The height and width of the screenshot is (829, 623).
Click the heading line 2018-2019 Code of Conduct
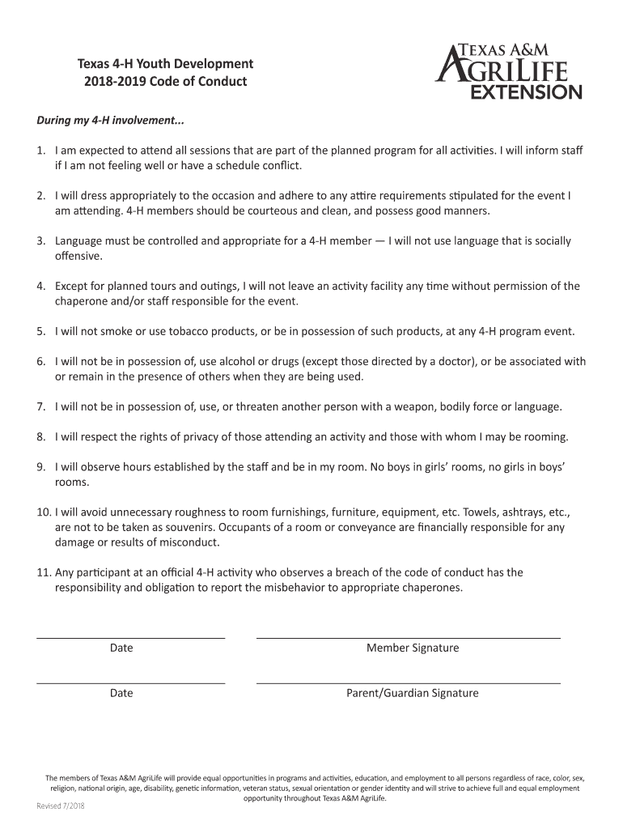pyautogui.click(x=165, y=82)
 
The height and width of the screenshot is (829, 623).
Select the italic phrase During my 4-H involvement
pyautogui.click(x=110, y=121)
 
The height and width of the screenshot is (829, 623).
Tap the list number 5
pyautogui.click(x=40, y=331)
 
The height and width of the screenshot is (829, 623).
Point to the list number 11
pyautogui.click(x=44, y=572)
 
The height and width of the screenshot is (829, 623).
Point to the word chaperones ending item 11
pyautogui.click(x=432, y=588)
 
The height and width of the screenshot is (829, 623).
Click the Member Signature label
pyautogui.click(x=413, y=648)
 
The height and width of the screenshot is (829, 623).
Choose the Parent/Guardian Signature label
pyautogui.click(x=413, y=693)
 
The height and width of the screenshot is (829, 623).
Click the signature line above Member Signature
pyautogui.click(x=409, y=638)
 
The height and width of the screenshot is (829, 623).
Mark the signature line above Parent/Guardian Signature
pyautogui.click(x=409, y=683)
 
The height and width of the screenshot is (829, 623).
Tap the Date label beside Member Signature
pyautogui.click(x=121, y=648)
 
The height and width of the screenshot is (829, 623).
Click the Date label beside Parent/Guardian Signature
pyautogui.click(x=121, y=693)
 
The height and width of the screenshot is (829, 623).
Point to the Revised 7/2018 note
pyautogui.click(x=61, y=807)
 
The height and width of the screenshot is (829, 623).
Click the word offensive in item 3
pyautogui.click(x=78, y=256)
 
